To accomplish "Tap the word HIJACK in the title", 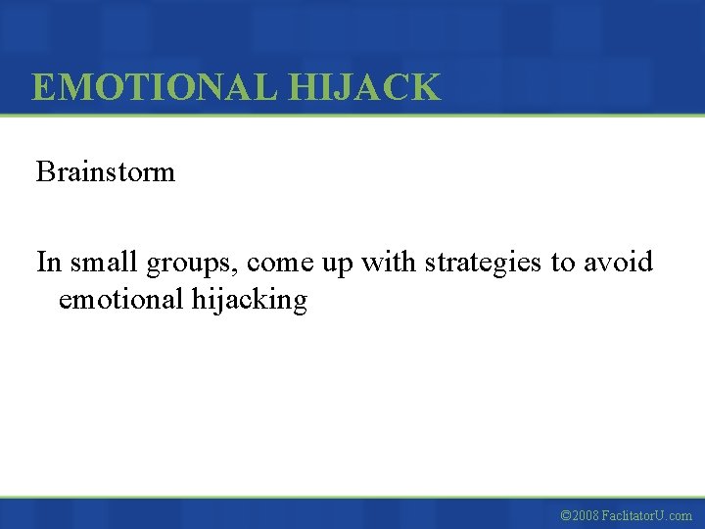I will coord(364,88).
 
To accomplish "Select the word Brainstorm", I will coord(106,172).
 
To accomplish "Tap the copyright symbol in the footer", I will coord(565,515).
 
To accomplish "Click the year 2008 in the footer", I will coord(587,515).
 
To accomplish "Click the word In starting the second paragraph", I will coord(48,263).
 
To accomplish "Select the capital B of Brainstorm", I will coord(45,172).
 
